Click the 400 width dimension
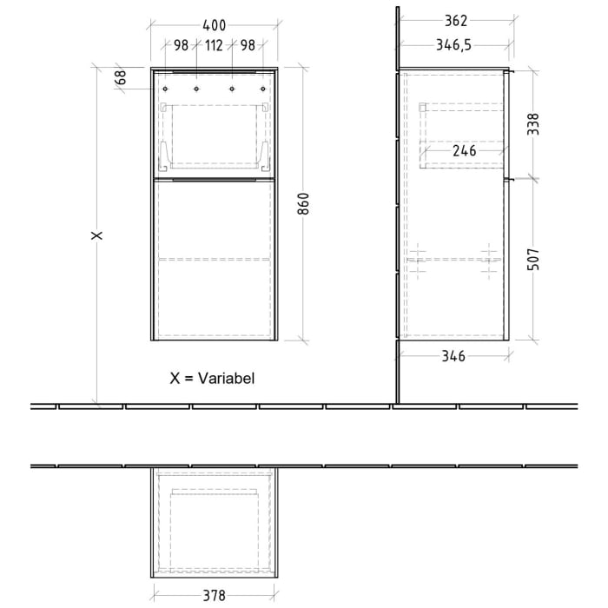pos(211,23)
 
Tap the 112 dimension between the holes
pos(215,46)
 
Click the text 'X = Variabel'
pos(213,378)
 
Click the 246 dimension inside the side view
pos(465,150)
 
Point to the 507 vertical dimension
pos(534,260)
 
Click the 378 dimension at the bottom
pos(215,595)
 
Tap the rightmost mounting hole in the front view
pos(264,89)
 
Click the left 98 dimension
pos(181,46)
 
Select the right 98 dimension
pos(248,46)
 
